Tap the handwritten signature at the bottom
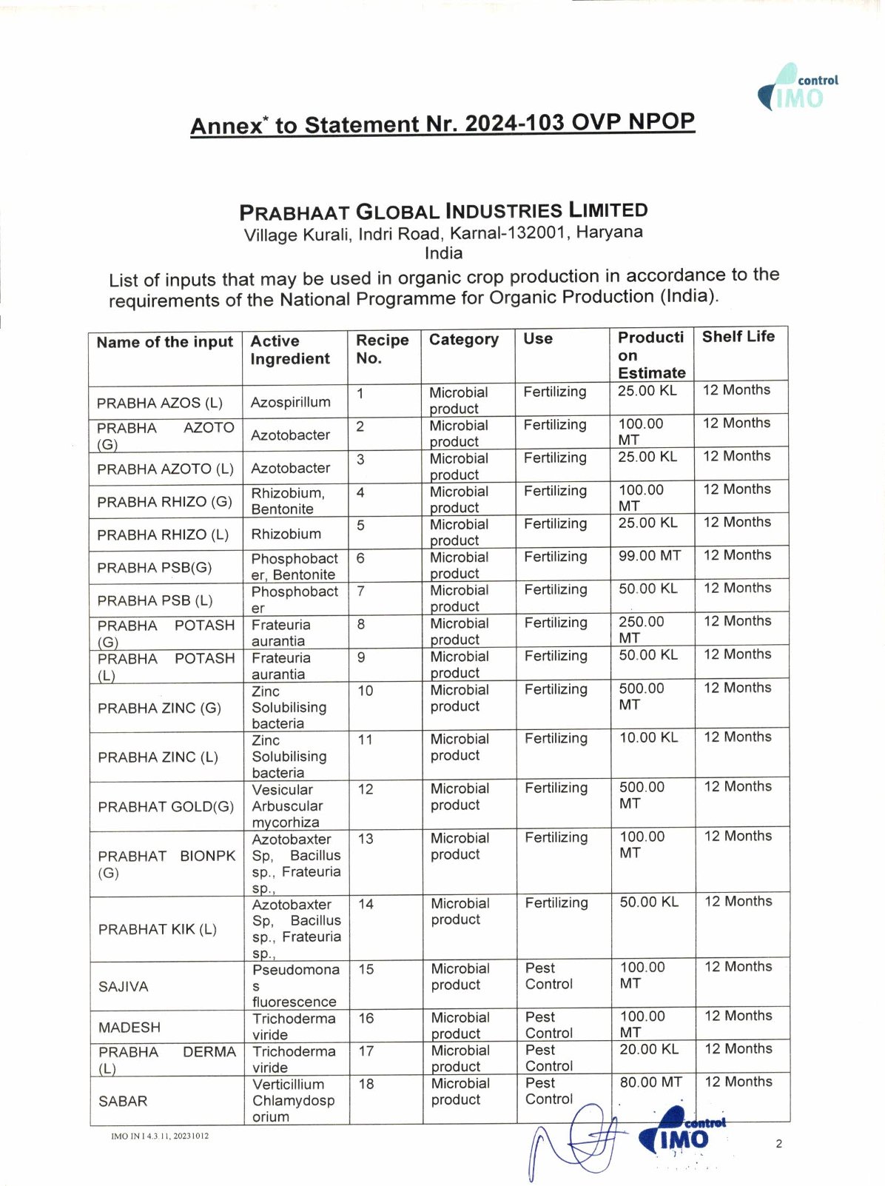point(577,1140)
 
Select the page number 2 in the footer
point(778,1144)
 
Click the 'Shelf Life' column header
point(738,337)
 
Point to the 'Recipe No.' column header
point(382,349)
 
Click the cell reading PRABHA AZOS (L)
point(159,403)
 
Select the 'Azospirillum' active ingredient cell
point(290,402)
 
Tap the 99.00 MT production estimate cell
point(649,555)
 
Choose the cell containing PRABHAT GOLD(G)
point(166,806)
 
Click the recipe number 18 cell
point(366,1084)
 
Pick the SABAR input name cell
point(123,1101)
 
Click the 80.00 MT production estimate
point(650,1082)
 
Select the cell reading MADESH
point(129,1028)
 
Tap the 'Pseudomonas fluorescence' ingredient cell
point(295,985)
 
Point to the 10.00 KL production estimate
point(648,737)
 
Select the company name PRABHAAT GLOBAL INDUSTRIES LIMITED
point(443,212)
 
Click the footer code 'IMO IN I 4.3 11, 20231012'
point(160,1136)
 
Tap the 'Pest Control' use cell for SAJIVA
point(548,976)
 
